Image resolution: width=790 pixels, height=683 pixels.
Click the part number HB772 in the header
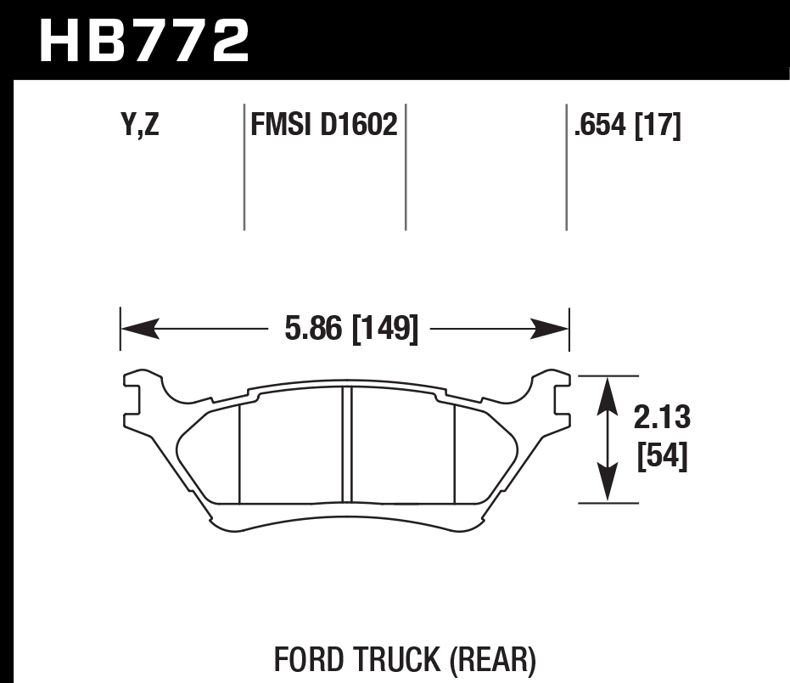coord(145,40)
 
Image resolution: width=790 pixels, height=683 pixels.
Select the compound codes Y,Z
coord(140,126)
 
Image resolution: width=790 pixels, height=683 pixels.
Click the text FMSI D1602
coord(323,126)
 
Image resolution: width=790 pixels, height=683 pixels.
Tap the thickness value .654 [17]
coord(627,126)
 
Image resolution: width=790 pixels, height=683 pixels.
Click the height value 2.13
coord(662,418)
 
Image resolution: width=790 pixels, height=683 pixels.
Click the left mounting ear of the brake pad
coord(141,399)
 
